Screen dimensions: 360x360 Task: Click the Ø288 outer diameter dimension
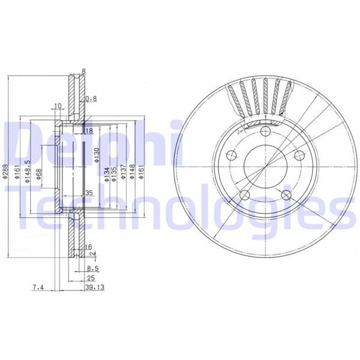click(7, 174)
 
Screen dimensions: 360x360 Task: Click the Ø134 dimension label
click(105, 173)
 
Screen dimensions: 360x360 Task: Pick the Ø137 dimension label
click(121, 173)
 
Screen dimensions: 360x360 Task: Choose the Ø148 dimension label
click(131, 173)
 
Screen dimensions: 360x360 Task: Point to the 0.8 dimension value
click(91, 99)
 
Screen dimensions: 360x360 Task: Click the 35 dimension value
click(89, 193)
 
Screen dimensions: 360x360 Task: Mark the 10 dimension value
click(58, 106)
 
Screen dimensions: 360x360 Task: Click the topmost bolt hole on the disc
click(264, 131)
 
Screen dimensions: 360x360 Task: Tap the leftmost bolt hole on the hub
click(231, 157)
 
